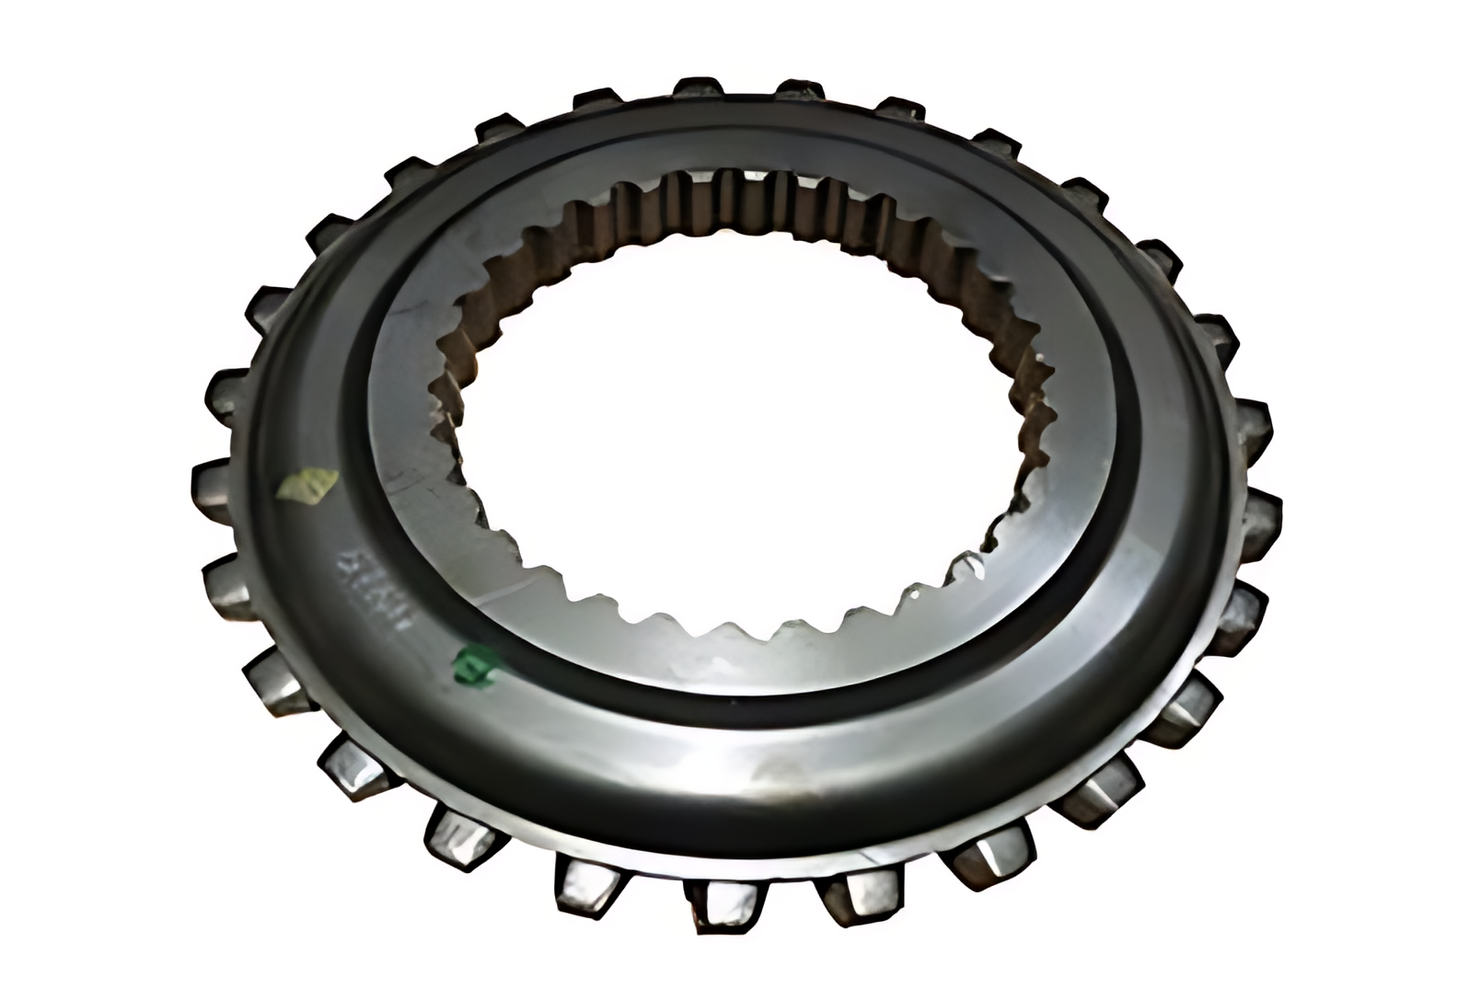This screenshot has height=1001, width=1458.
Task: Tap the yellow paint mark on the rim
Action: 310,485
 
